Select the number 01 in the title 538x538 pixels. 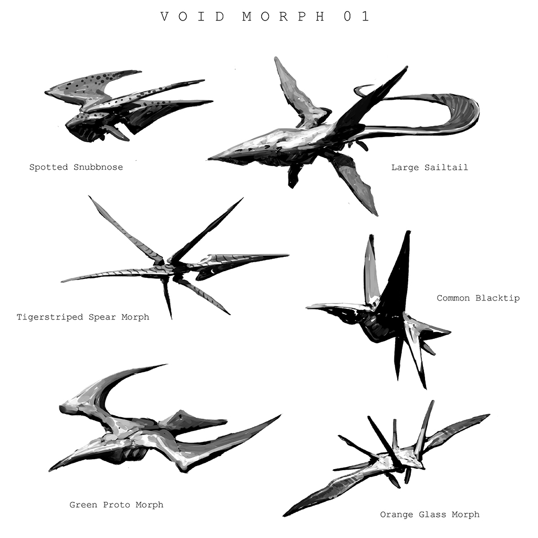click(357, 16)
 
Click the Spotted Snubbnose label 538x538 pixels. click(76, 168)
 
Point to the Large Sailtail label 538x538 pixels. click(429, 168)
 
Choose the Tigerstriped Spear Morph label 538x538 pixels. click(83, 317)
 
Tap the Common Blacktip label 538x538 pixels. click(478, 298)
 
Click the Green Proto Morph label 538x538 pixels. click(116, 505)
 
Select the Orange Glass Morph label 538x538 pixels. click(430, 515)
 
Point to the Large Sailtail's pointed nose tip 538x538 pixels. click(212, 158)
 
